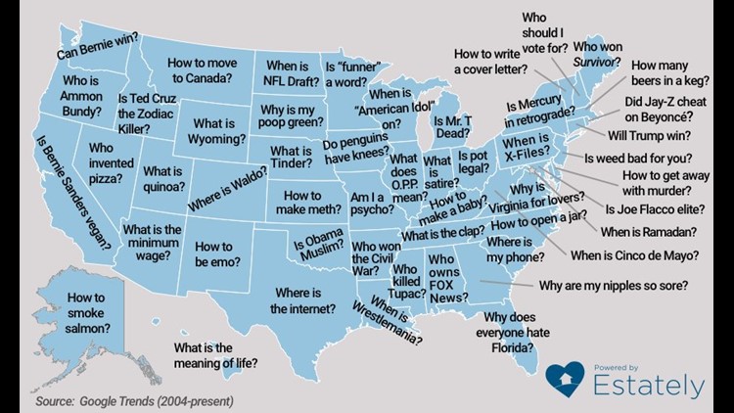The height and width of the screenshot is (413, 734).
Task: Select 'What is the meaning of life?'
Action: click(215, 355)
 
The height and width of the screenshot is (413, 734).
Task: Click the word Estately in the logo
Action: click(647, 385)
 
